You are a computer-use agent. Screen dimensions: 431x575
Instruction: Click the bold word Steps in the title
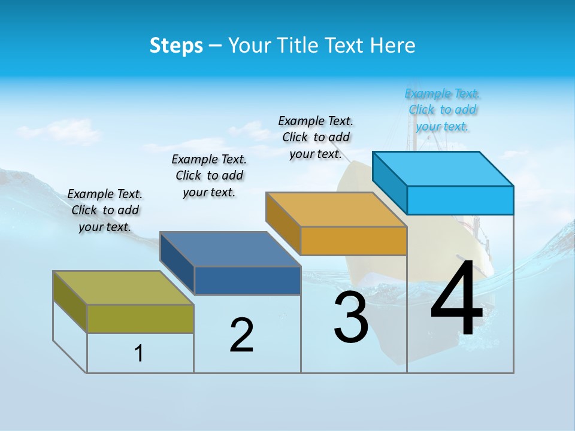(x=176, y=45)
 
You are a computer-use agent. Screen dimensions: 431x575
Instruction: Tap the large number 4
(x=456, y=299)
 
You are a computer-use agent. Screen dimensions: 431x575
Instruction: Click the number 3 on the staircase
(x=350, y=317)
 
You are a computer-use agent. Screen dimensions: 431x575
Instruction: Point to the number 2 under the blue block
(x=241, y=335)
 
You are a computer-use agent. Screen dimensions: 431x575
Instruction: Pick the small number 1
(x=139, y=353)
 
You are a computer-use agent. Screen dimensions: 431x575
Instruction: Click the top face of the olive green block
(x=123, y=287)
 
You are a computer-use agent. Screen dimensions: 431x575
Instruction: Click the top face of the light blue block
(x=443, y=168)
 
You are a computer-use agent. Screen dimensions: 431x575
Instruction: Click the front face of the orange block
(x=353, y=241)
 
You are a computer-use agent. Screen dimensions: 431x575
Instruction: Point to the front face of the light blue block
(x=460, y=200)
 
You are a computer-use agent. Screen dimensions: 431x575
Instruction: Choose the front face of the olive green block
(x=140, y=318)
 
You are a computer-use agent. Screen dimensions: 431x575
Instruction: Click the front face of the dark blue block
(x=247, y=280)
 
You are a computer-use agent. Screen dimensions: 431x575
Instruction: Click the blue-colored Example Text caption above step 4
(x=442, y=110)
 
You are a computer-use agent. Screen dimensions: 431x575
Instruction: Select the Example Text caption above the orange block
(x=316, y=138)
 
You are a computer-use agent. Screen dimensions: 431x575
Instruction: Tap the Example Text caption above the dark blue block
(x=209, y=175)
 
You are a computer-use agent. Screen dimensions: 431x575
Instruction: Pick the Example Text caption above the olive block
(x=105, y=210)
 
